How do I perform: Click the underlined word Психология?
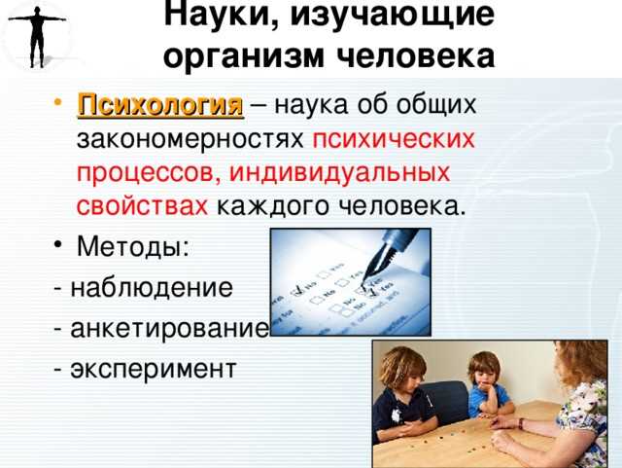(x=160, y=105)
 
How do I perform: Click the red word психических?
(x=394, y=139)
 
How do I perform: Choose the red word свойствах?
(x=142, y=206)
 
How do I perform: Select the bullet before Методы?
(x=59, y=248)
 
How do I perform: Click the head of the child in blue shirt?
(x=483, y=370)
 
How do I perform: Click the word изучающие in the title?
(x=380, y=18)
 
